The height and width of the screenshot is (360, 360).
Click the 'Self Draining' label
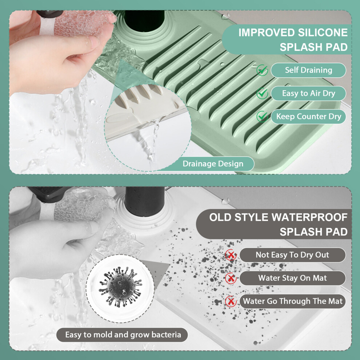308,70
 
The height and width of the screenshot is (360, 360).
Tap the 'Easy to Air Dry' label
308,93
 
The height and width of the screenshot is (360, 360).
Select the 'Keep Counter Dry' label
308,117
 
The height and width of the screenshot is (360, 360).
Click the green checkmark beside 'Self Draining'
262,70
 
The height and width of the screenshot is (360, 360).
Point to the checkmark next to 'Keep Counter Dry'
262,116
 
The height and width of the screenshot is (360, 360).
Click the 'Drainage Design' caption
213,164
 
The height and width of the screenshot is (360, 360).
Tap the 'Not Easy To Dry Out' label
292,255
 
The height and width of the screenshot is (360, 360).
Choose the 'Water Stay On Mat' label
292,278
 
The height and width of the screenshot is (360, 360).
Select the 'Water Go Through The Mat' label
292,301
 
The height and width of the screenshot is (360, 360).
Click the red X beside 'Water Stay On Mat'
231,278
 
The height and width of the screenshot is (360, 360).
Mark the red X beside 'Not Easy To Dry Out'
231,255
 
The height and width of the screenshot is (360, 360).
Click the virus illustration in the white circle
120,287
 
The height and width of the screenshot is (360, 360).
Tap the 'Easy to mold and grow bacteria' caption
123,335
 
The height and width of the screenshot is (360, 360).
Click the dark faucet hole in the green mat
144,20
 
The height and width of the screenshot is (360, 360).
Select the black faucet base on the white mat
145,201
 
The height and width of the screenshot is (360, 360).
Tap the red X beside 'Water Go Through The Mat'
231,301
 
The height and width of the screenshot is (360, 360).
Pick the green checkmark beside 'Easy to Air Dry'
262,93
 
